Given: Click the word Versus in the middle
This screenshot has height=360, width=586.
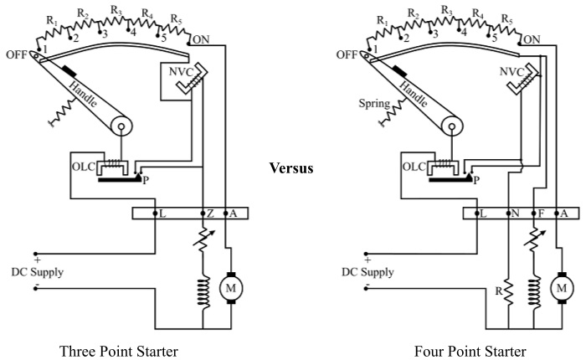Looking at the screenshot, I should coord(291,168).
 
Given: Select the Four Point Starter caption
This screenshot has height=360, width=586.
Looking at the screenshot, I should coord(470,350).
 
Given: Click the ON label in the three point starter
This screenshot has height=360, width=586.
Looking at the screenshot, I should coord(201,39).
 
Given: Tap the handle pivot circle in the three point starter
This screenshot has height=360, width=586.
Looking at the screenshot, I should coord(122,128).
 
